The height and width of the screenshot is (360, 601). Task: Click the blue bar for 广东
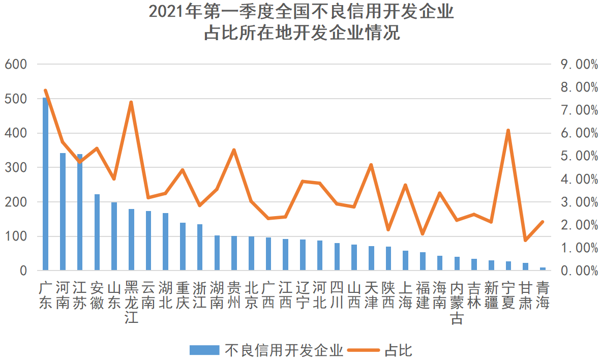coord(45,184)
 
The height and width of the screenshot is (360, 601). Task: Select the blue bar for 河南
coord(63,212)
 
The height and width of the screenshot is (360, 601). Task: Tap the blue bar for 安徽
coord(97,232)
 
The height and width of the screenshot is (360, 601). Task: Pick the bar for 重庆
coord(183,247)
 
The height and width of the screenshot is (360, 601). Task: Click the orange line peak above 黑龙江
coord(131,103)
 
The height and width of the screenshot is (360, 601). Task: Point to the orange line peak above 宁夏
coord(508,131)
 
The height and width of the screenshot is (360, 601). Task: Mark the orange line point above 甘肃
coord(525,241)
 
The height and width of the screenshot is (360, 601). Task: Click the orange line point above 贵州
coord(234,150)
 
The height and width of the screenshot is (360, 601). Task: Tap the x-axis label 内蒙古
coord(457,303)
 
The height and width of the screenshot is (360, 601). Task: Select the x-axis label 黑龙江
coord(131,303)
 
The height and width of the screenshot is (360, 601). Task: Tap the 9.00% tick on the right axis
coord(579,65)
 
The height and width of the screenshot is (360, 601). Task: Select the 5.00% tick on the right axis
coord(579,156)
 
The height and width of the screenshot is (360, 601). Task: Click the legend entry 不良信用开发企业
coord(266,350)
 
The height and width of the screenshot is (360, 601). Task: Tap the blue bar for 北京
coord(251,253)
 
